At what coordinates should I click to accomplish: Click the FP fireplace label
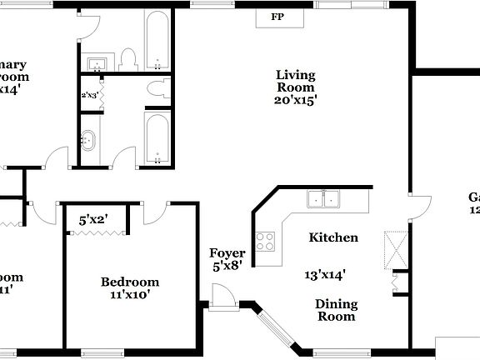point(276,17)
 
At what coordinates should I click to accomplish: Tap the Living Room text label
point(296,81)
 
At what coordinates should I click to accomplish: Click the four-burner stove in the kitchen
point(266,242)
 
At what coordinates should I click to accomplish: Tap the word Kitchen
point(333,237)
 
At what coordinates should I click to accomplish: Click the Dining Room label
point(335,310)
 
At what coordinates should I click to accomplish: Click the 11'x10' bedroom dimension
point(129,293)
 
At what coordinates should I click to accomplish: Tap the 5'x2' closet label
point(93,221)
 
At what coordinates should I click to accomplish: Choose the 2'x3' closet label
point(89,95)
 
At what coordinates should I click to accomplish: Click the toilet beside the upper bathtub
point(127,58)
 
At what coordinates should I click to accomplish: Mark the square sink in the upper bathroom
point(96,63)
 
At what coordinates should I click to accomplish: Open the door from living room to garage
point(419,205)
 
